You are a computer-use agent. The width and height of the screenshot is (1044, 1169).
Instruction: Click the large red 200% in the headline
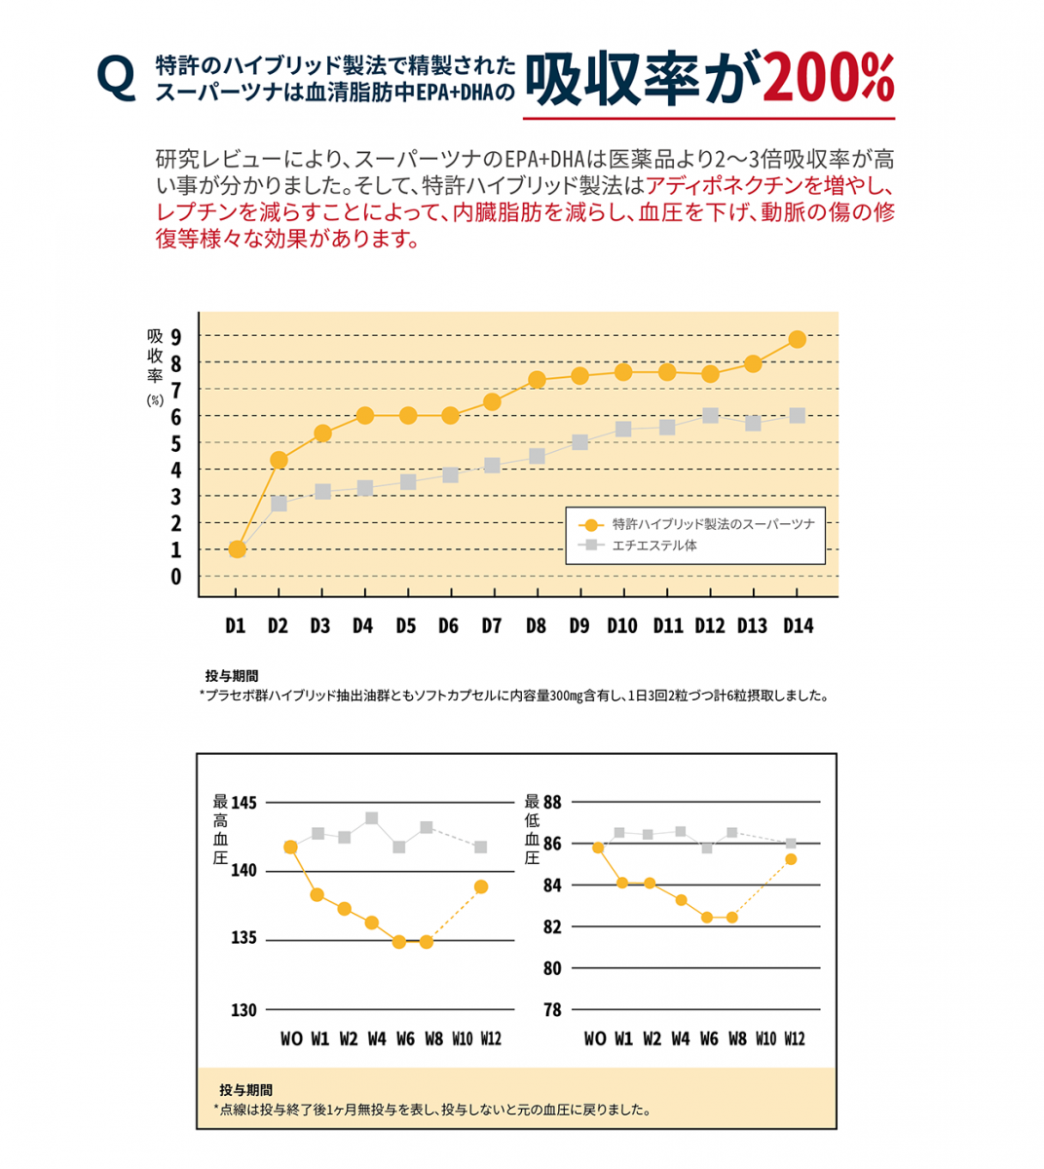[x=828, y=78]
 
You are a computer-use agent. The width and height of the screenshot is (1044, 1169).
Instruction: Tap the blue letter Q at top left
[x=117, y=78]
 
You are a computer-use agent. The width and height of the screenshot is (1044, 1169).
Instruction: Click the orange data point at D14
[x=797, y=339]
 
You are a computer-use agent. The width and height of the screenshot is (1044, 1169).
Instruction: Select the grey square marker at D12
[x=710, y=416]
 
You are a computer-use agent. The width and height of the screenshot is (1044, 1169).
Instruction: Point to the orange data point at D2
[x=279, y=460]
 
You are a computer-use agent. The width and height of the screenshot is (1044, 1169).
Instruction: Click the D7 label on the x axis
[x=492, y=625]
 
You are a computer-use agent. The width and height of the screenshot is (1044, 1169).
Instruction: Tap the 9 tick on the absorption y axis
[x=176, y=337]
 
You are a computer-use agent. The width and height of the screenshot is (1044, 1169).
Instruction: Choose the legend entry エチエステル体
[x=653, y=546]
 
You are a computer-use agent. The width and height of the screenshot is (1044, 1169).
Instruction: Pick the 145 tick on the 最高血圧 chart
[x=243, y=803]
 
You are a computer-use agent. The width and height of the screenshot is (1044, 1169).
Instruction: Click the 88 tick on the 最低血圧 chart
[x=552, y=803]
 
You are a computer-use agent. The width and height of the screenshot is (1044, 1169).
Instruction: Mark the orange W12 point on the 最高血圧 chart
[x=481, y=886]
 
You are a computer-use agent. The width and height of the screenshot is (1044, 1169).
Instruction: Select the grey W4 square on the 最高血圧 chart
[x=372, y=818]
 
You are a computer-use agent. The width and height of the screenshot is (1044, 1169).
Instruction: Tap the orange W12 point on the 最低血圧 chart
[x=791, y=858]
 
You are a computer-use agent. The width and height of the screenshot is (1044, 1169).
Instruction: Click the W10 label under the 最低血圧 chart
[x=766, y=1038]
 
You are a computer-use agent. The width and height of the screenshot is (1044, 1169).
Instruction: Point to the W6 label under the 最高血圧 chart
[x=405, y=1038]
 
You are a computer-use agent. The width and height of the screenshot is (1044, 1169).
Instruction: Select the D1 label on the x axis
[x=236, y=625]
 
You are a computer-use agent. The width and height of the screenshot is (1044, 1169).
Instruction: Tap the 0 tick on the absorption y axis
[x=176, y=577]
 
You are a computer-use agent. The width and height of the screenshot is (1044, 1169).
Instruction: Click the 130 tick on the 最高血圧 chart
[x=243, y=1010]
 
